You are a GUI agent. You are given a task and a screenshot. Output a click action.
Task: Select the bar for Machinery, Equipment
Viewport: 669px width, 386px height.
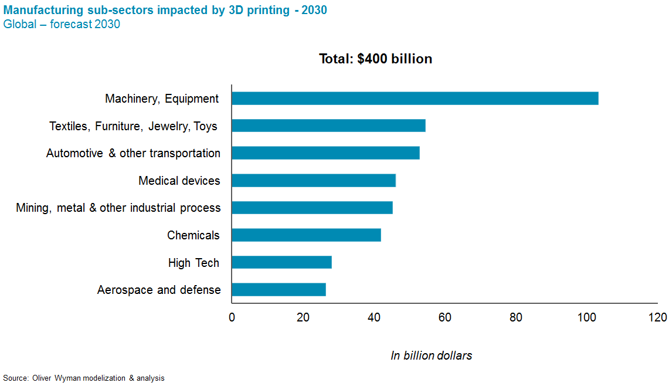coord(415,99)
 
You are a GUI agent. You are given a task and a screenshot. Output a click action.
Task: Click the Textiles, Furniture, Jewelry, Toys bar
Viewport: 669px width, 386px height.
coord(328,126)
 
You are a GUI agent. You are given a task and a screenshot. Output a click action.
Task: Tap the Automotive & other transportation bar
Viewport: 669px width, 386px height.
coord(325,153)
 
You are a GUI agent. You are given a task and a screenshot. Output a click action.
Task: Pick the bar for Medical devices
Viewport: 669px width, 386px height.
coord(314,181)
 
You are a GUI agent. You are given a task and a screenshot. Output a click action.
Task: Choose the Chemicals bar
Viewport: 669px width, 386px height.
coord(306,235)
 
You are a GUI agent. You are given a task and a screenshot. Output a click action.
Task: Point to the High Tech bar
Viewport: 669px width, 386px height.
coord(281,262)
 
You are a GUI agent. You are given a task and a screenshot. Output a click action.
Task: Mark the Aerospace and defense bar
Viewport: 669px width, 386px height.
coord(279,289)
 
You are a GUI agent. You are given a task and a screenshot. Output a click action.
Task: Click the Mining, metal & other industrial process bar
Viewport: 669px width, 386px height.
coord(312,208)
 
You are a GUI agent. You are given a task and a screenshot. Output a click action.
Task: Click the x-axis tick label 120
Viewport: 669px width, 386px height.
coord(657,317)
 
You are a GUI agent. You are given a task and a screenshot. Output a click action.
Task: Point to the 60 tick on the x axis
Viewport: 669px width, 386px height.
coord(445,317)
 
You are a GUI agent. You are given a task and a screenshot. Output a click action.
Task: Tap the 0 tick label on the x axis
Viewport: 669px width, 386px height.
coord(232,317)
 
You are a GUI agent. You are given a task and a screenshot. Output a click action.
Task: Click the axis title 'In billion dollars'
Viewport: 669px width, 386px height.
coord(431,355)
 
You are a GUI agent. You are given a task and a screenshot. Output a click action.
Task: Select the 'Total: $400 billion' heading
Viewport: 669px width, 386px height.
coord(375,59)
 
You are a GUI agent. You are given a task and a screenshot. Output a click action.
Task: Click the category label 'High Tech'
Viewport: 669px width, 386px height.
coord(193,263)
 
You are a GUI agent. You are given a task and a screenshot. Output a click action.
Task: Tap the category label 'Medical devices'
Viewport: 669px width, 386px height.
coord(179,181)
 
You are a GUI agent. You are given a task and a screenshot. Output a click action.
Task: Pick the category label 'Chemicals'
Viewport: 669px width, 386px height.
coord(193,235)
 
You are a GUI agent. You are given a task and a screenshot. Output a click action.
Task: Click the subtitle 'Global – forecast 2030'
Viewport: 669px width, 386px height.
coord(62,24)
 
